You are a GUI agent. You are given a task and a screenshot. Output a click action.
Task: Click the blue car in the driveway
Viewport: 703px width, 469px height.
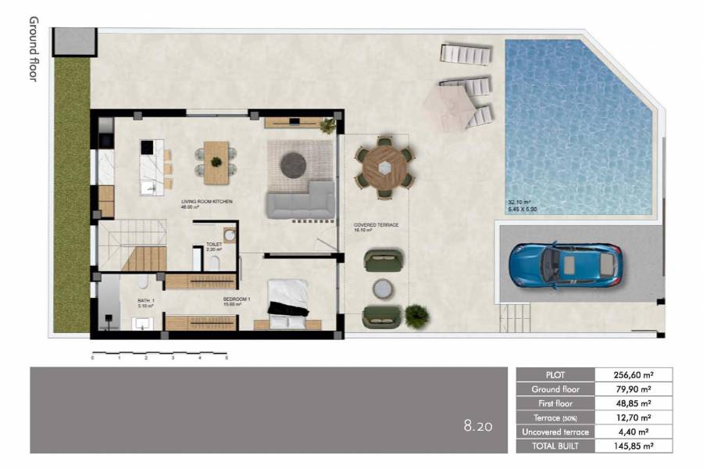coord(565,265)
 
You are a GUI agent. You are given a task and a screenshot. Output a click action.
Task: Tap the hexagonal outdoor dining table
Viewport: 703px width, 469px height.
coord(383,165)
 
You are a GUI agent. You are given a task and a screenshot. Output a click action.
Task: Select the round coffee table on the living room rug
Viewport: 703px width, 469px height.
coord(294,163)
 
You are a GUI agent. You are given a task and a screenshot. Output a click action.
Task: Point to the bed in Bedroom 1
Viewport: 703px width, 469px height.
coord(290,300)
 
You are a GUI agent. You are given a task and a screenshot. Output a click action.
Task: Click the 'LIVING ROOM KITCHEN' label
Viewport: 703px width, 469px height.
coord(206,202)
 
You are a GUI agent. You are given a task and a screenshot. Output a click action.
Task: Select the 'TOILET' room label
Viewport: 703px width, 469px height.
coord(214,245)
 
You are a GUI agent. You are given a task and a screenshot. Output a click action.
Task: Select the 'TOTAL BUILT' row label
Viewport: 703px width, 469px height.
coord(555,446)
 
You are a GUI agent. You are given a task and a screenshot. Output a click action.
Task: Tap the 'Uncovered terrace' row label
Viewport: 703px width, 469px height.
coord(555,432)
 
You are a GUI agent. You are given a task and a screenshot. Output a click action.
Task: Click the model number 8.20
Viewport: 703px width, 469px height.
coord(477,426)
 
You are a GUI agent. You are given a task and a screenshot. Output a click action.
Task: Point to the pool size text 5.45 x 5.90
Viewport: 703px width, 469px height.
coord(523,209)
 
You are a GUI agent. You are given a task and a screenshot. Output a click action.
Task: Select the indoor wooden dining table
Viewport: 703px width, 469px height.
coord(216,155)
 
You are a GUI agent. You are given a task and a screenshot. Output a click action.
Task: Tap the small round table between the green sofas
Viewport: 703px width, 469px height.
coord(382,289)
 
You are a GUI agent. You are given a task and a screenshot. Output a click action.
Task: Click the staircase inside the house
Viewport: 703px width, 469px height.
coord(133,247)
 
